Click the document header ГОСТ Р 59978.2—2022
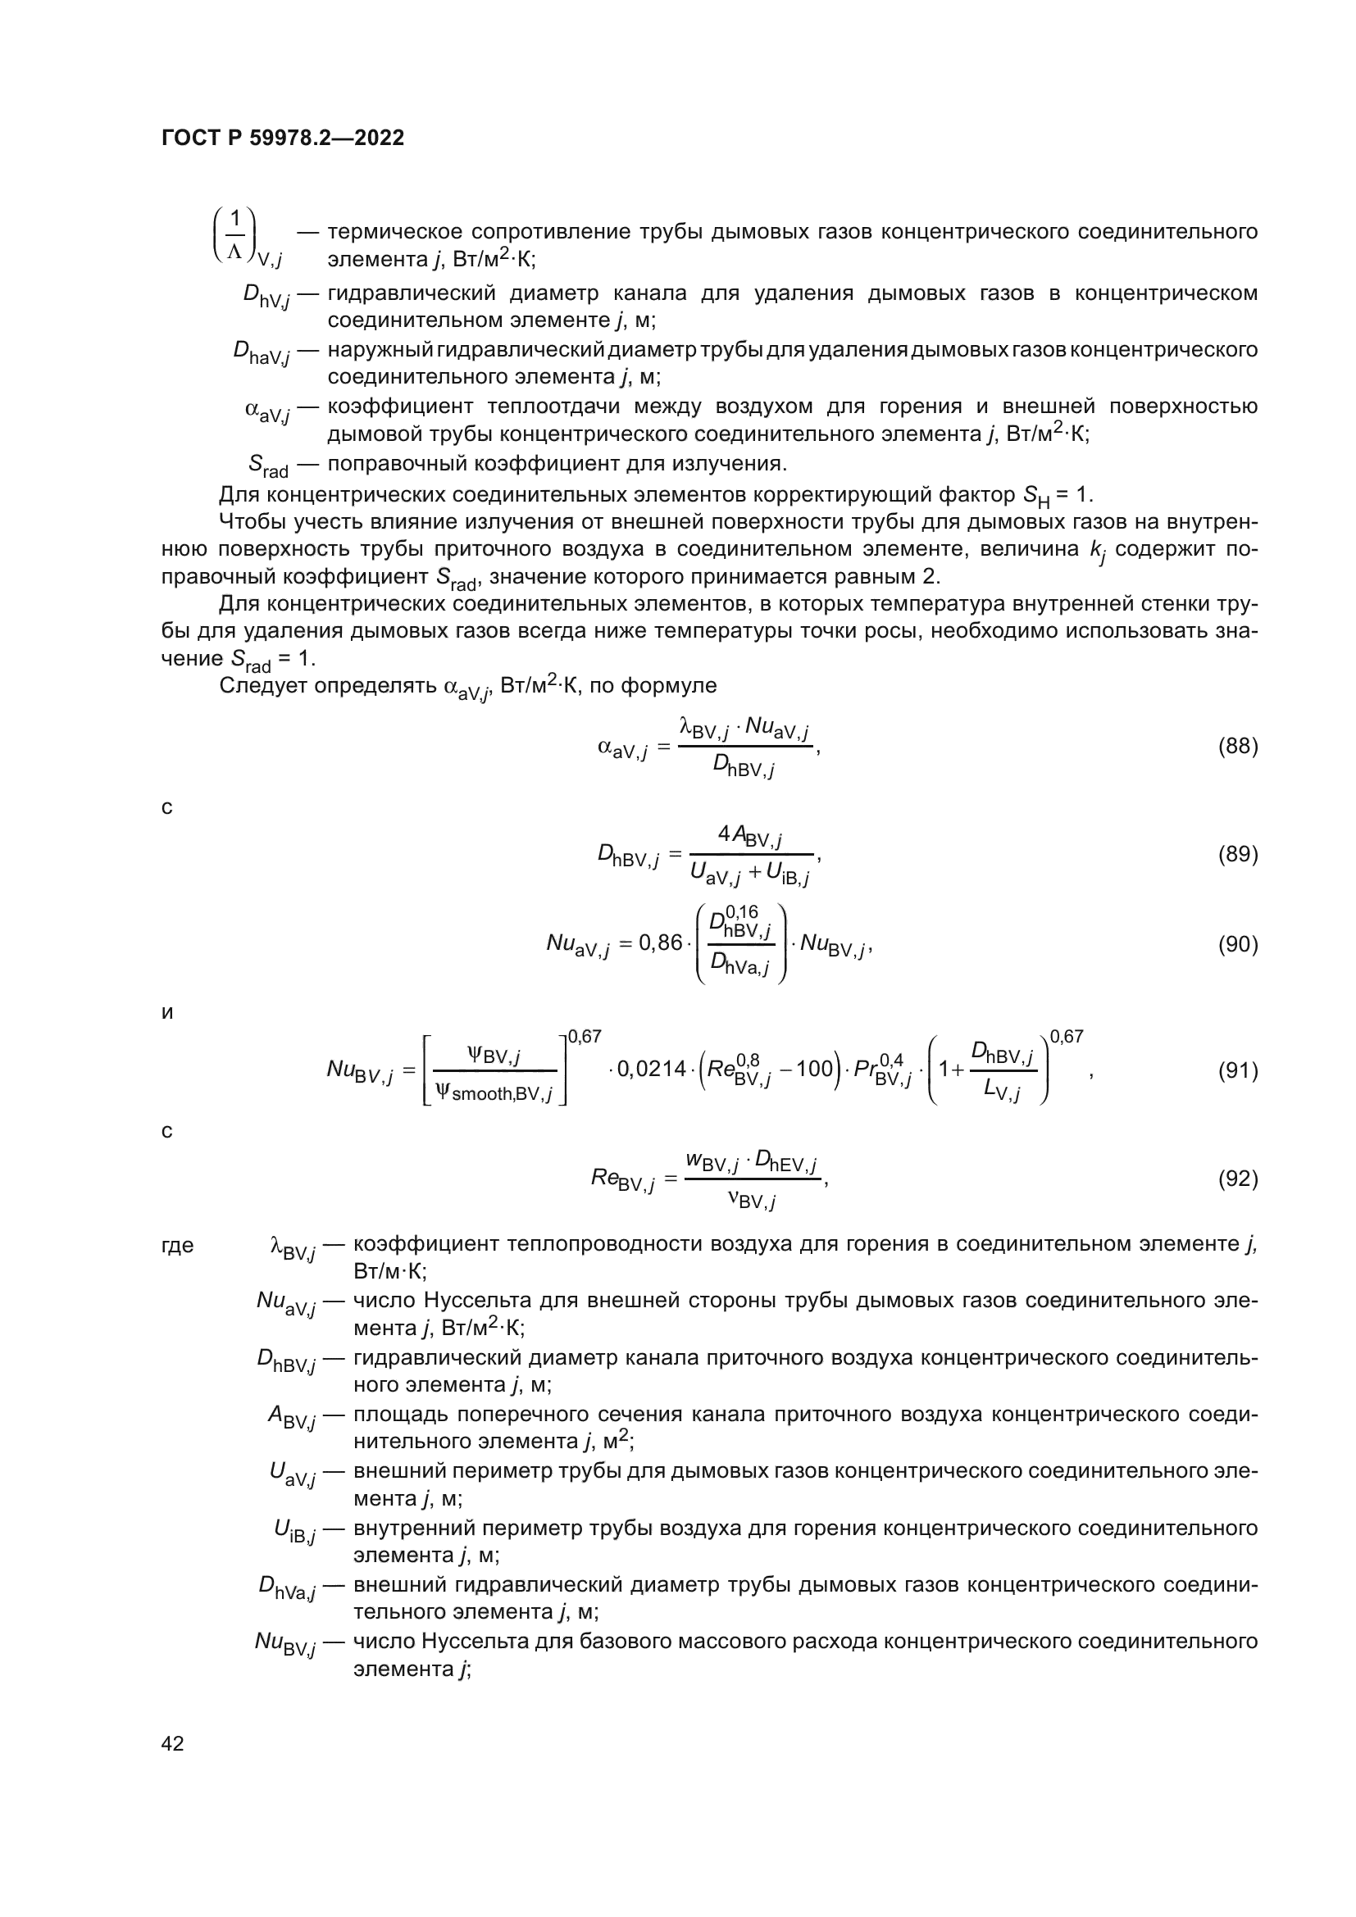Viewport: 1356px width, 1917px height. (x=282, y=138)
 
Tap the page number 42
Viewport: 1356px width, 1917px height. (x=172, y=1743)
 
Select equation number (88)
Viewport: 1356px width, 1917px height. (x=1237, y=747)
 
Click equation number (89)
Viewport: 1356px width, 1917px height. (x=1237, y=854)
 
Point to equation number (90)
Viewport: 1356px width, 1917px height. (x=1237, y=944)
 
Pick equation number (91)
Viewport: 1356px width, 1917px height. (x=1237, y=1070)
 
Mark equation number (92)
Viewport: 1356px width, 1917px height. (x=1237, y=1178)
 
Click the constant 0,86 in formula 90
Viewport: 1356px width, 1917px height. (x=661, y=943)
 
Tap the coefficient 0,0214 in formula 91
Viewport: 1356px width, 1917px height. (x=651, y=1069)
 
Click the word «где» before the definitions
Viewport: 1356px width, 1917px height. (x=177, y=1246)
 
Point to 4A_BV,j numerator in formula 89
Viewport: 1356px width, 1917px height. (x=749, y=836)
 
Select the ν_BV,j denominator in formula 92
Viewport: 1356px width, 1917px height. (x=752, y=1201)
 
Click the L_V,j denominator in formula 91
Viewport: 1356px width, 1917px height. (x=1002, y=1091)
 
